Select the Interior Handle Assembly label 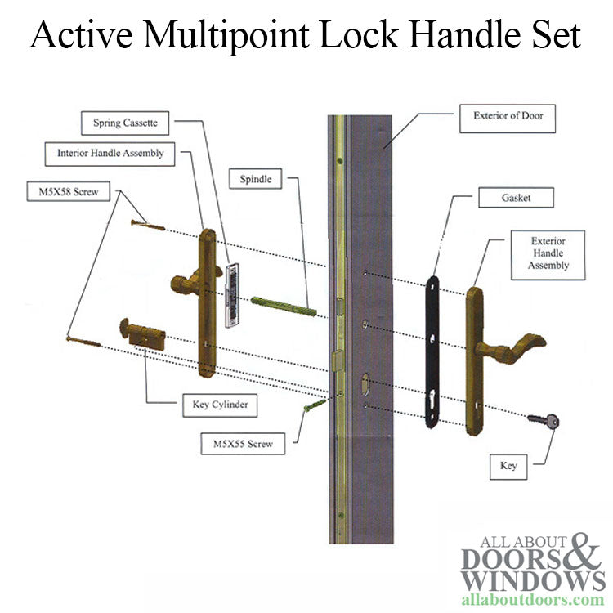coord(110,153)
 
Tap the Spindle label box coord(256,178)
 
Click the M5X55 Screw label coord(244,445)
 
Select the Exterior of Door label coord(508,116)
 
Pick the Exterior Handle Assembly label coord(547,253)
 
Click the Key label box coord(508,466)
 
